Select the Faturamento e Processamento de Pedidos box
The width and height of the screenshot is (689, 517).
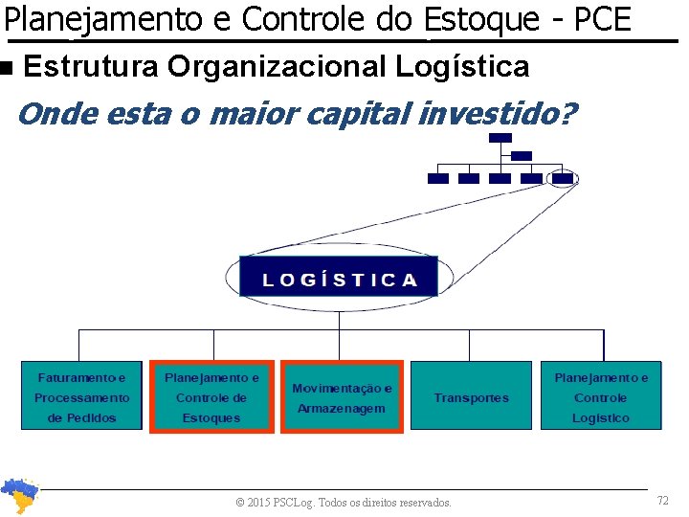(x=81, y=395)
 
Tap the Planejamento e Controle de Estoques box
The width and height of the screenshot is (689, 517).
(x=211, y=396)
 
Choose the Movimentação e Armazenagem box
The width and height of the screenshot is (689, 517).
(x=342, y=396)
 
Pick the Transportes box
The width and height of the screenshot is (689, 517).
(x=471, y=396)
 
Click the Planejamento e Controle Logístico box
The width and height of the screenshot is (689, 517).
(x=601, y=395)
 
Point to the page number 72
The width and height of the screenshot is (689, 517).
(x=662, y=501)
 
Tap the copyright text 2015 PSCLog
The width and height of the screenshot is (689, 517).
(x=344, y=503)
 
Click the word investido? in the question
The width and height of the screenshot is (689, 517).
(x=498, y=114)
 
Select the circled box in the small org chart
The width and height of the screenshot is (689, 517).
(x=563, y=178)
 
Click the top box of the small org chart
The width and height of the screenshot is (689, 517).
(x=500, y=138)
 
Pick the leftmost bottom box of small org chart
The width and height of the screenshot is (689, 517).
(x=437, y=179)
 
